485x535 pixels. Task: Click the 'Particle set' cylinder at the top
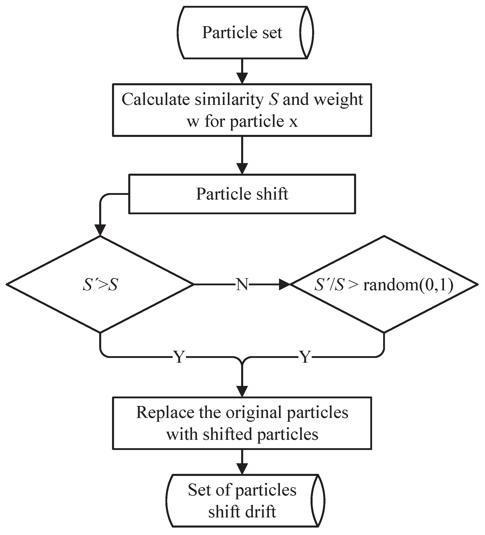(x=242, y=32)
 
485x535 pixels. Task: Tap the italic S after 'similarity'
(x=273, y=100)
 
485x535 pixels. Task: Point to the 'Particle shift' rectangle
(x=242, y=194)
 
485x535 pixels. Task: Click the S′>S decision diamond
(x=100, y=284)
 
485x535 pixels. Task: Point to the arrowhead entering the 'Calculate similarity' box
(x=242, y=78)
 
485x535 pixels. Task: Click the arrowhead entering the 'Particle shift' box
(x=242, y=168)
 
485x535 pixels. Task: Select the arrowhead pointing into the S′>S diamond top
(x=100, y=230)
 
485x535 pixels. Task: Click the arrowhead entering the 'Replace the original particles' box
(x=242, y=391)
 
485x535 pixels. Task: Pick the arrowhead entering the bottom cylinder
(x=242, y=469)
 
